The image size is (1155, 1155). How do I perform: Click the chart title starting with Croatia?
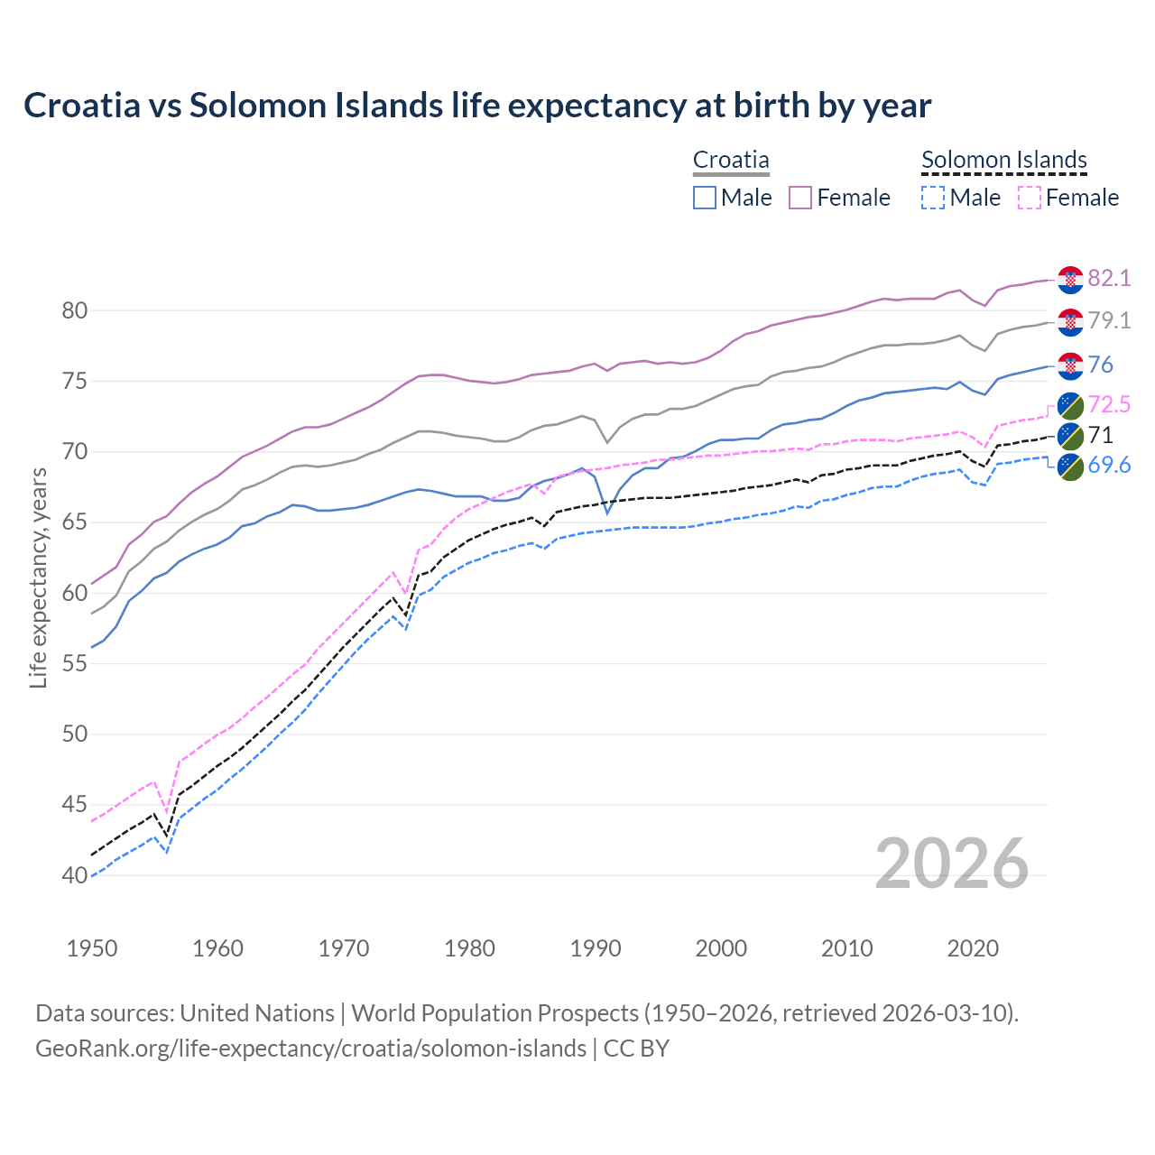click(476, 106)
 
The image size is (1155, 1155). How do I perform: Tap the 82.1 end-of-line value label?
click(1109, 278)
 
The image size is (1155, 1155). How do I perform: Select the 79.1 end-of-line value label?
click(1109, 320)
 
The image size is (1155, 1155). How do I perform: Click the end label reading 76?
click(1101, 365)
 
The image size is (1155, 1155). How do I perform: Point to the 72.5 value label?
click(1109, 404)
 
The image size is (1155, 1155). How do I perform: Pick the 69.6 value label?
click(1109, 465)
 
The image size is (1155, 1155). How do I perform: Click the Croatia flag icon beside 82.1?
click(1070, 280)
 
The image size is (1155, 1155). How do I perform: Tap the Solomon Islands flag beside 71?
click(1070, 436)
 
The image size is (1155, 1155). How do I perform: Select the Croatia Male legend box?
click(705, 198)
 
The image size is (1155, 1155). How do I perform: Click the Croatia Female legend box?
click(800, 198)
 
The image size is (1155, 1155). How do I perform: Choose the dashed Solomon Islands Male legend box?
click(933, 198)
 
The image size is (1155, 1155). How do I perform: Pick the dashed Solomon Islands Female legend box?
click(1029, 198)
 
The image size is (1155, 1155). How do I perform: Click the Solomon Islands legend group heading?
click(1003, 161)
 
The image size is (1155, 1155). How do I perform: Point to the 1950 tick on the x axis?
click(92, 948)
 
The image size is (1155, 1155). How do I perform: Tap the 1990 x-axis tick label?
click(596, 948)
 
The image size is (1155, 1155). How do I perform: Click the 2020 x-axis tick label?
click(973, 948)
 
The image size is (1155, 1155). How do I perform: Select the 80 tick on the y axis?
click(75, 311)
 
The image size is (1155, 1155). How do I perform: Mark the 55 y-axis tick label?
click(75, 664)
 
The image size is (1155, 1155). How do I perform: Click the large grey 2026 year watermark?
click(951, 864)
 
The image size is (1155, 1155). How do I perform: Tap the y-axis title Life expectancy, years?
click(38, 577)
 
